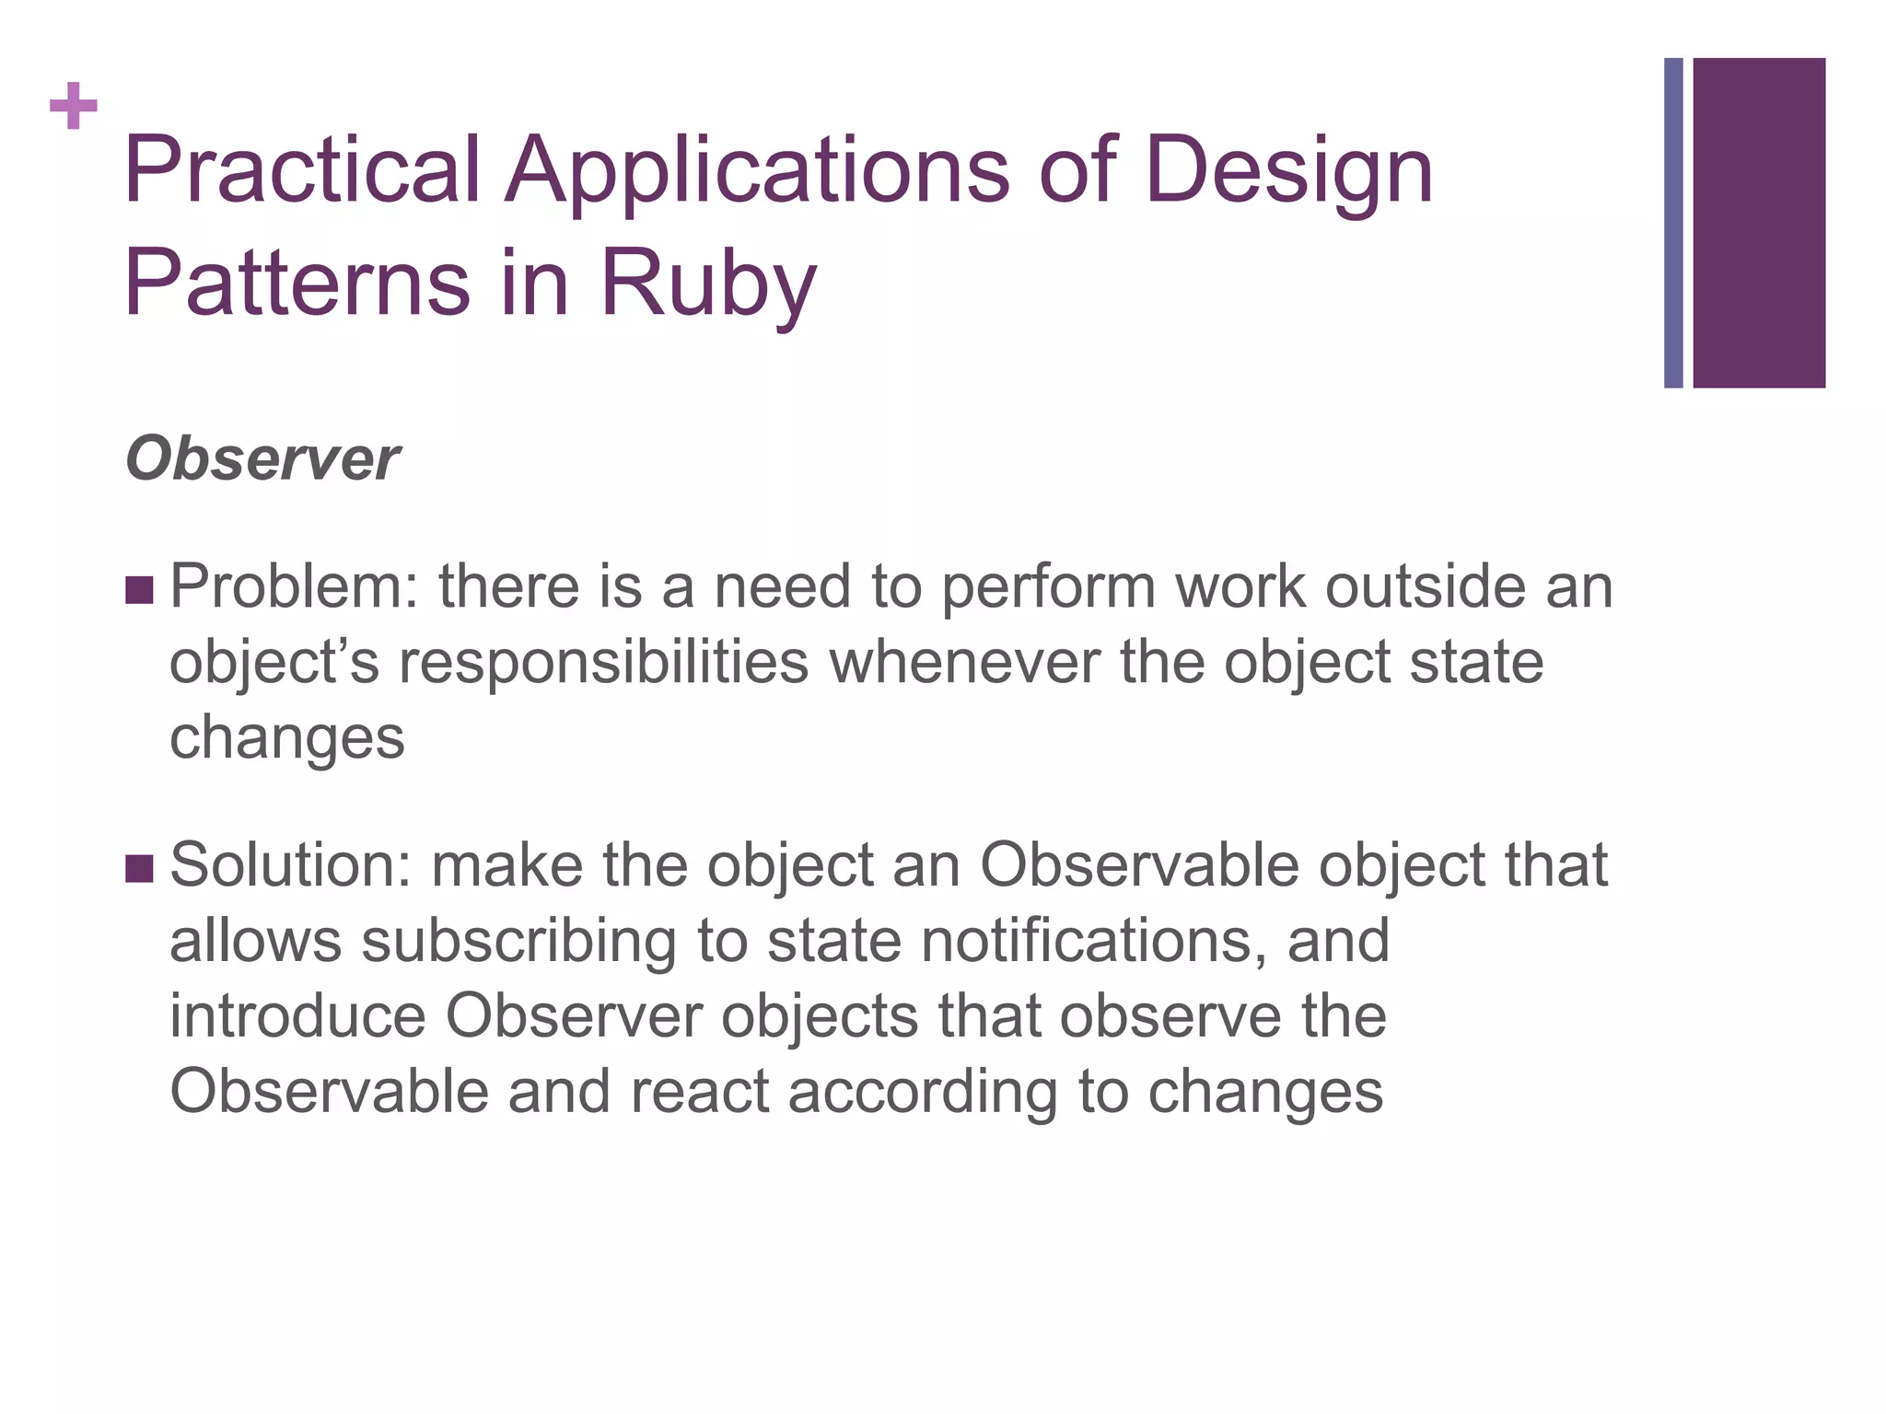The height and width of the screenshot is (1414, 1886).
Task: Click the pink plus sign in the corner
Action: (x=74, y=107)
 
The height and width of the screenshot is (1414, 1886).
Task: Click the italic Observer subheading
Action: (x=262, y=458)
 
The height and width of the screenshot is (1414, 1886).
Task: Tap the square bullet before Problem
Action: (x=138, y=591)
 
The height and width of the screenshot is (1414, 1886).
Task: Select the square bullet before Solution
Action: (x=138, y=868)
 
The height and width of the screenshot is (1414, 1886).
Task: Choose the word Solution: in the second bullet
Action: (x=290, y=865)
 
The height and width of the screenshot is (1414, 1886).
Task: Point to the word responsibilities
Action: (x=603, y=663)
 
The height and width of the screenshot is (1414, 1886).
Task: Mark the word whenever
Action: (x=964, y=663)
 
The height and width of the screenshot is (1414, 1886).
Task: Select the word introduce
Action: (x=297, y=1016)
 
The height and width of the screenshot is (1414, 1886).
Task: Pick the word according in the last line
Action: (x=922, y=1092)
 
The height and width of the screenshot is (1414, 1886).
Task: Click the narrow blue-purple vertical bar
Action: (x=1673, y=223)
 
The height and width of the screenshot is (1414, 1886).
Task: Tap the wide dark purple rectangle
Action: (x=1759, y=223)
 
